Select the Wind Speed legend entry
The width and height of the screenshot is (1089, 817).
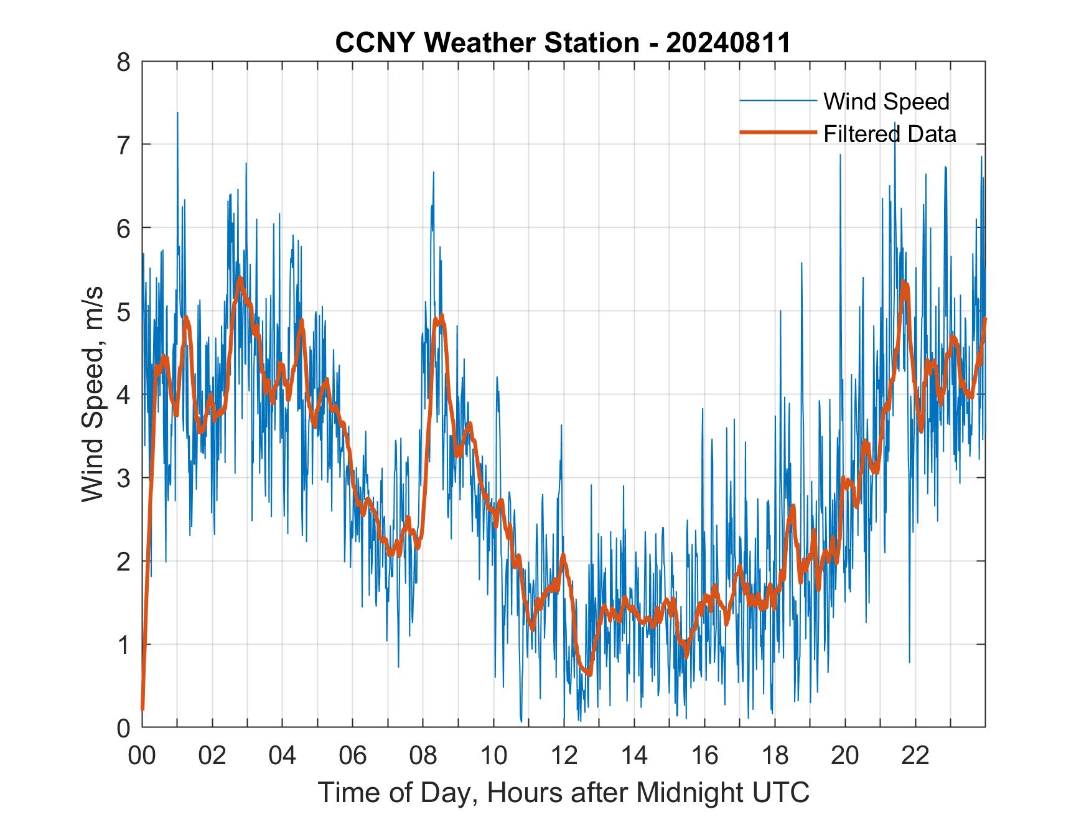[886, 101]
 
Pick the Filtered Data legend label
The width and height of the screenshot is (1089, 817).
[889, 134]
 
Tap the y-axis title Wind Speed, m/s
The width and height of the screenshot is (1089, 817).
[93, 394]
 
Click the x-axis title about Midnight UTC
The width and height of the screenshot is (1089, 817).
[564, 793]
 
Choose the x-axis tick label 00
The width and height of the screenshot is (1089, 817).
[142, 756]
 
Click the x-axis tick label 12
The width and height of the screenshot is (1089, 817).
[564, 756]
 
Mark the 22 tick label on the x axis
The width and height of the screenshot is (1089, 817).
[915, 756]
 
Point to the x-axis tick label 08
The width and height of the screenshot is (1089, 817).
[423, 756]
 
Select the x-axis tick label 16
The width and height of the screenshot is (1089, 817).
[704, 756]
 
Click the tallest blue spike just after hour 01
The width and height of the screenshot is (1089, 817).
[177, 113]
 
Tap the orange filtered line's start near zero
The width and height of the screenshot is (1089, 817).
[143, 709]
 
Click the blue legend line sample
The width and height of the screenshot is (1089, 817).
[777, 101]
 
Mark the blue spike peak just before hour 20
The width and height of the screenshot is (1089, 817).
[840, 154]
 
